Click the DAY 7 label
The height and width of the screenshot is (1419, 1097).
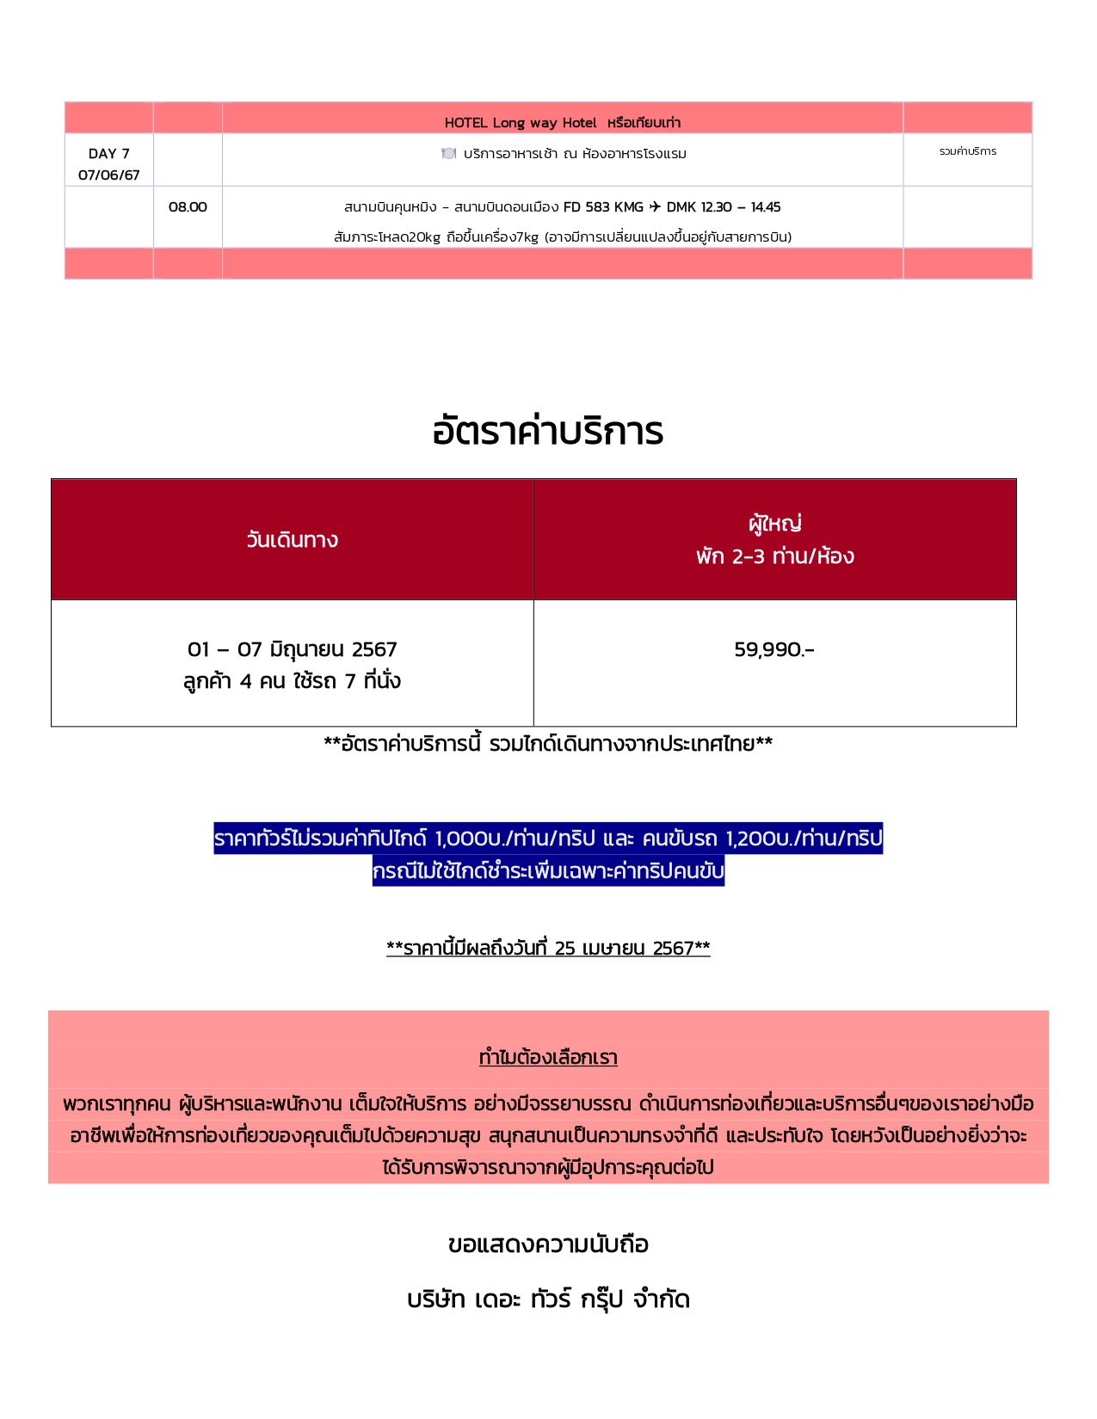(108, 154)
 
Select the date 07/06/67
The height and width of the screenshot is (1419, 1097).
(108, 175)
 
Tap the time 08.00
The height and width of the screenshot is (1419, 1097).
(188, 207)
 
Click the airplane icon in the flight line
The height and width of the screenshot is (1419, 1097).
(655, 206)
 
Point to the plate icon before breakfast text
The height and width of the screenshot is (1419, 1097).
(448, 154)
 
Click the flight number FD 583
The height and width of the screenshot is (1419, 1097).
(587, 207)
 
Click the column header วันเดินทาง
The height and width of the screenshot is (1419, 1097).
(292, 540)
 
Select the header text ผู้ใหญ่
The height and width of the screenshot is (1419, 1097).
(774, 523)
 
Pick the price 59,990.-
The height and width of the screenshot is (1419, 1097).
(774, 649)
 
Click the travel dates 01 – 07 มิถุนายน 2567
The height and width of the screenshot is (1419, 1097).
(292, 649)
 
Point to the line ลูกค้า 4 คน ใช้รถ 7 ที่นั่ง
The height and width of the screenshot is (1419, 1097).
(292, 681)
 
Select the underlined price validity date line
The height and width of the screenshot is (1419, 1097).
(548, 949)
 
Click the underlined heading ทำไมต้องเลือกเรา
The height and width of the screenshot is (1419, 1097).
(548, 1058)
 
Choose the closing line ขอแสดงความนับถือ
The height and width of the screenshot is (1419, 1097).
(548, 1244)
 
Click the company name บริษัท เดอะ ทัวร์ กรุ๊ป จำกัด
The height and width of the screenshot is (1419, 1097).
(548, 1299)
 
